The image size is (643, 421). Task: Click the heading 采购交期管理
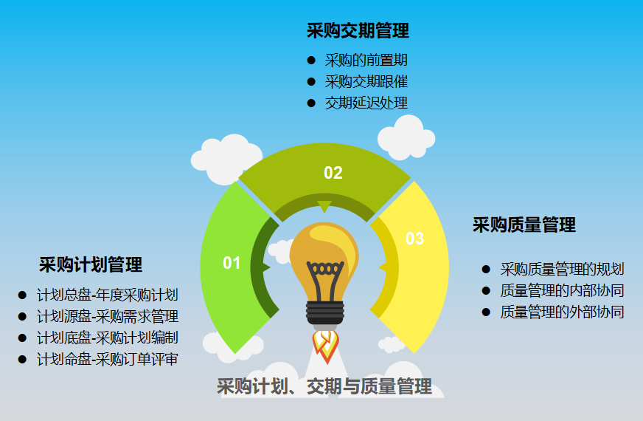click(x=358, y=30)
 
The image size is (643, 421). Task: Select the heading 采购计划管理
click(x=91, y=264)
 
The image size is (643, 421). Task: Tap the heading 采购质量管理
click(x=524, y=225)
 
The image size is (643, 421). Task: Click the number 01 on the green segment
click(x=232, y=263)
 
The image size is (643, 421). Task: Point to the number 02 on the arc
click(x=333, y=173)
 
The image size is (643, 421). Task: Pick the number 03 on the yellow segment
click(x=415, y=239)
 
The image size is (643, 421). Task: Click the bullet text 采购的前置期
click(x=366, y=61)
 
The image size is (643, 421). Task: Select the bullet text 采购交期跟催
click(x=366, y=82)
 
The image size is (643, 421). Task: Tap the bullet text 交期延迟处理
click(x=366, y=103)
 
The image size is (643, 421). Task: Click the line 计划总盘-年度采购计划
click(x=108, y=295)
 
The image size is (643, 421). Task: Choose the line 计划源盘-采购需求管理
click(x=108, y=317)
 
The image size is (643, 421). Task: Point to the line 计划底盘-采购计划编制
click(x=108, y=338)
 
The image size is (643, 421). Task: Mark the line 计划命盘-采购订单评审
click(x=108, y=360)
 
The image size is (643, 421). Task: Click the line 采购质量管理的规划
click(x=562, y=270)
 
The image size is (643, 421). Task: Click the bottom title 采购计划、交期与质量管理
click(x=324, y=386)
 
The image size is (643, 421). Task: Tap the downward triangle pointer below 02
click(x=324, y=206)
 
